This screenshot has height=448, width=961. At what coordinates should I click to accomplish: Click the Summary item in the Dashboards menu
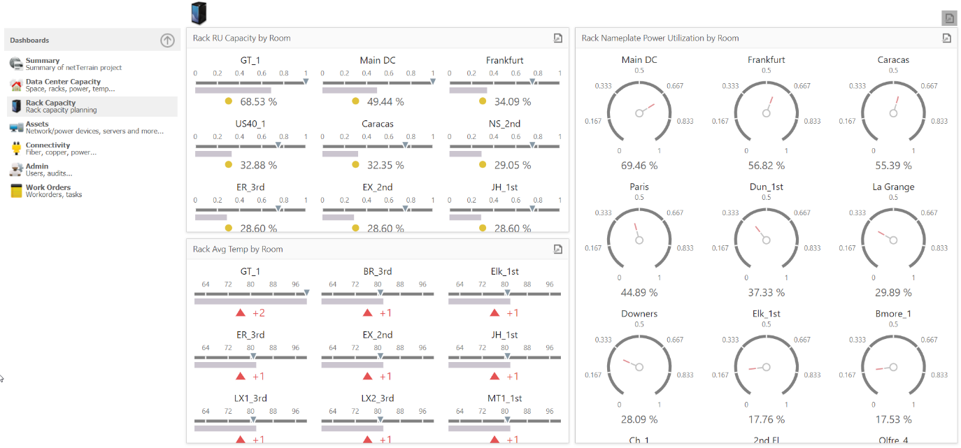(42, 61)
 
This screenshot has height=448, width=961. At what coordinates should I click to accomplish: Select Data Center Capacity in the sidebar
(63, 82)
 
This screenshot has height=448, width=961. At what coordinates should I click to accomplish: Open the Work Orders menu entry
(48, 187)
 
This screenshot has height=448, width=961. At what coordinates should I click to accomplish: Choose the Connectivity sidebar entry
(48, 145)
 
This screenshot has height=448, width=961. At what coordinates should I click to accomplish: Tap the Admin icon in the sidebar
(16, 170)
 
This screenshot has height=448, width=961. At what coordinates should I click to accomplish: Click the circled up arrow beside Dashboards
(167, 41)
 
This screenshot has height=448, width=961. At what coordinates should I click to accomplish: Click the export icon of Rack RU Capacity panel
(557, 38)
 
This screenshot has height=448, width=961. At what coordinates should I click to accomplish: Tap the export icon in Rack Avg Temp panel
(557, 249)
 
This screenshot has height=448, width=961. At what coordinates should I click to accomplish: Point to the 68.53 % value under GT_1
(258, 102)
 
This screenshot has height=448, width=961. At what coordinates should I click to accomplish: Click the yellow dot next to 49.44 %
(355, 101)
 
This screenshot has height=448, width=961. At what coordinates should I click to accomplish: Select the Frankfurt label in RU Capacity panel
(504, 60)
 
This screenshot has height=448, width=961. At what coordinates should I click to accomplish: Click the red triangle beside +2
(241, 312)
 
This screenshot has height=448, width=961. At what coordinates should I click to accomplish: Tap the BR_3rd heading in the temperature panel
(377, 271)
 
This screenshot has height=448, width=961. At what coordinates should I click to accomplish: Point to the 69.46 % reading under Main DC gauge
(639, 166)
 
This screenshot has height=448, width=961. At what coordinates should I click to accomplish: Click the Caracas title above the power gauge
(893, 60)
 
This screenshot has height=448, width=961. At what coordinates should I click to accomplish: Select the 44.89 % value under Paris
(639, 292)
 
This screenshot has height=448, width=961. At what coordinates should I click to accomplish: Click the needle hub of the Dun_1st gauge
(767, 240)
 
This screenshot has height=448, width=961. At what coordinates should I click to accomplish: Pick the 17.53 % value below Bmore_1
(893, 419)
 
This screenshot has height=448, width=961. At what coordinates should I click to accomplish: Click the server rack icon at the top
(199, 13)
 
